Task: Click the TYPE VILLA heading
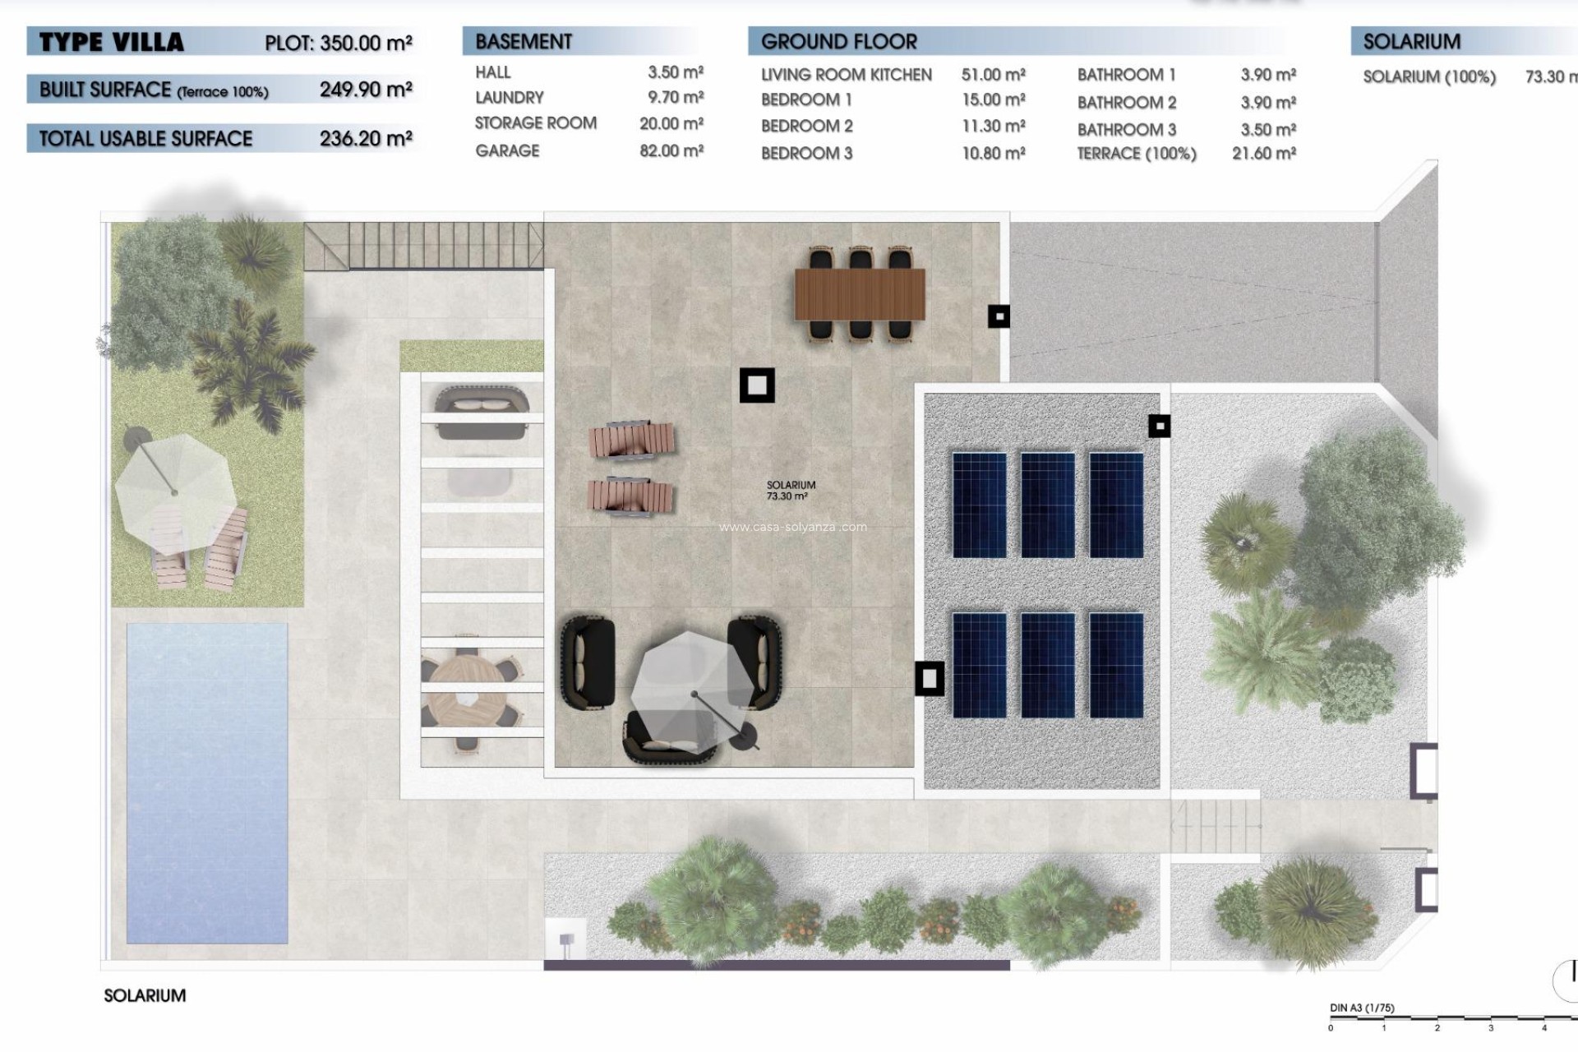pos(111,42)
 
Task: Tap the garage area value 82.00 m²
pos(671,151)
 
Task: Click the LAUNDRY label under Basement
pos(509,98)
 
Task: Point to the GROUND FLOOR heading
pos(838,41)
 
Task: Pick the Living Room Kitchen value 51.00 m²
pos(993,75)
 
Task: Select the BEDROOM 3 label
pos(806,154)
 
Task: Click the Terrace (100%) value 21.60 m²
pos(1263,154)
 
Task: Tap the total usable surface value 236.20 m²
pos(365,139)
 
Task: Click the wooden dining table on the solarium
pos(859,294)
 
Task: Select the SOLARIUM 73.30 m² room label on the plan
pos(790,491)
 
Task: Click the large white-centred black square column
pos(756,385)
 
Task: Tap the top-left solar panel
pos(979,505)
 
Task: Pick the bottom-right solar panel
pos(1115,664)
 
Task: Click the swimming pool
pos(206,782)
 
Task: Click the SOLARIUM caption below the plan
pos(145,995)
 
